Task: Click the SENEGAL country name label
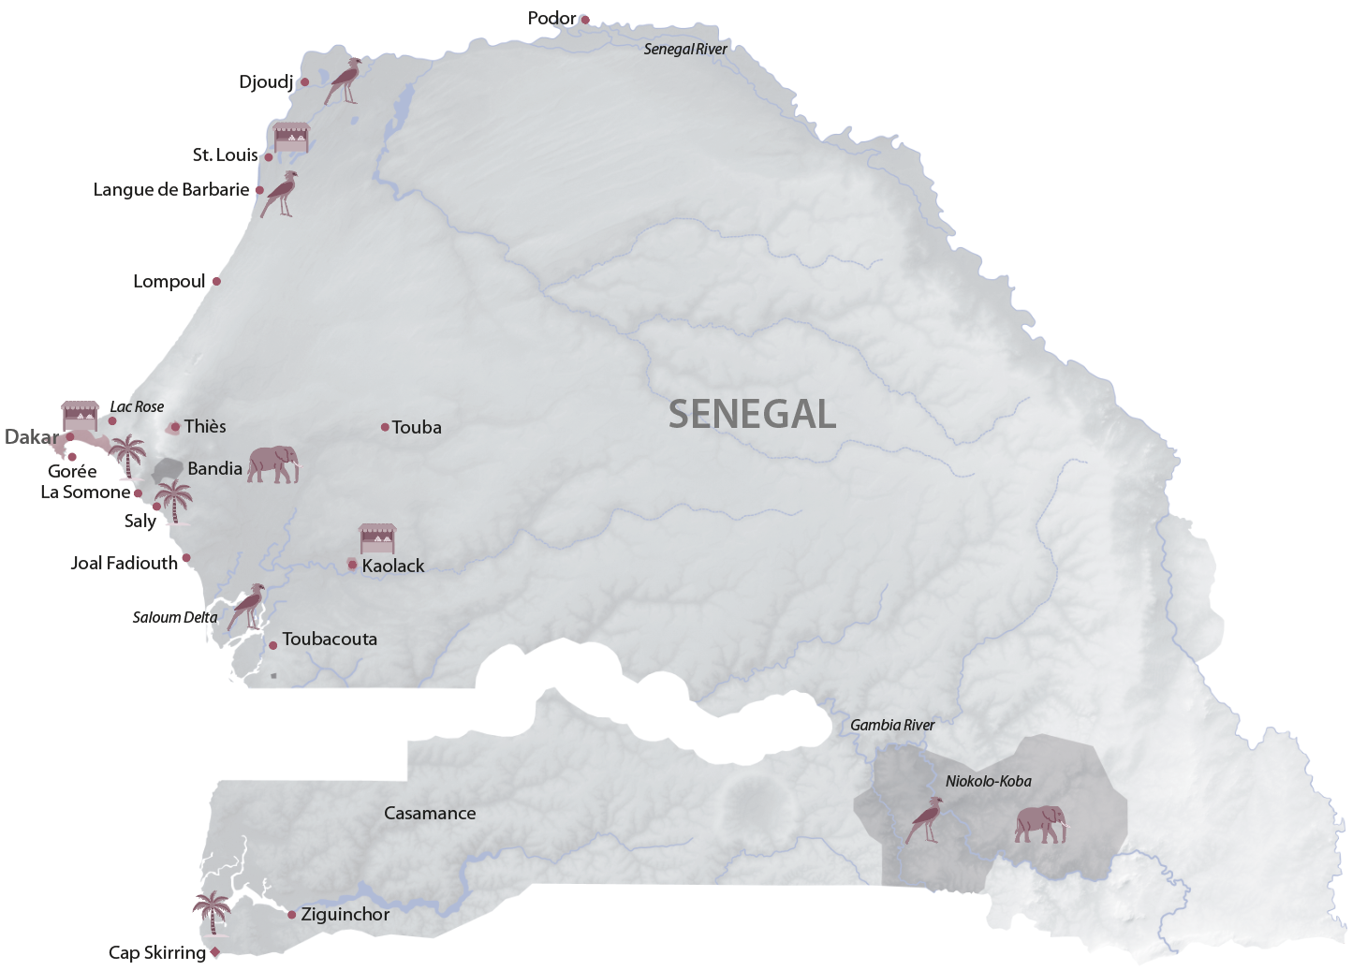(x=752, y=414)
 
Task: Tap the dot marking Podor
(x=585, y=20)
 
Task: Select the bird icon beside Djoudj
(x=344, y=81)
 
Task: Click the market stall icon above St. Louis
(x=290, y=137)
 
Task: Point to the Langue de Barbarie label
(x=171, y=190)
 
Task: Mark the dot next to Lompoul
(x=216, y=281)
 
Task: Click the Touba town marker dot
(x=385, y=427)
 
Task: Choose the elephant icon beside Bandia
(x=272, y=464)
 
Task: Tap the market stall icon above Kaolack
(x=377, y=538)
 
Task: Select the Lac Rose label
(x=137, y=406)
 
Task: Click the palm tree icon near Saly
(x=173, y=502)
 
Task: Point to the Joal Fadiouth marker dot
(x=186, y=558)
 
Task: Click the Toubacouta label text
(x=330, y=640)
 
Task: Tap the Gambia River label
(x=891, y=725)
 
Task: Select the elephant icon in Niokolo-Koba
(x=1041, y=824)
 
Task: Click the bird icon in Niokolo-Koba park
(x=925, y=820)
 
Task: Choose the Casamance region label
(x=430, y=814)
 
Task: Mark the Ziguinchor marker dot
(x=292, y=915)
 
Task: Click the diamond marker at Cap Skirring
(x=215, y=952)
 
